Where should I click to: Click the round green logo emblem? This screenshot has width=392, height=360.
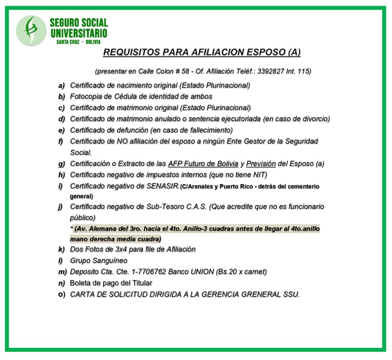pyautogui.click(x=31, y=30)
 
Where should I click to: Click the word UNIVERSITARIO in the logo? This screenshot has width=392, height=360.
pyautogui.click(x=79, y=33)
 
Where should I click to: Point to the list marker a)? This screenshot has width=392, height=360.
pyautogui.click(x=61, y=85)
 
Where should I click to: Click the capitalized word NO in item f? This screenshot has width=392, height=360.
pyautogui.click(x=122, y=141)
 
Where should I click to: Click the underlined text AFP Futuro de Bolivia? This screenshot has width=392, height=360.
pyautogui.click(x=203, y=164)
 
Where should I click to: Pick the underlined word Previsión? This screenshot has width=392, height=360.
pyautogui.click(x=261, y=164)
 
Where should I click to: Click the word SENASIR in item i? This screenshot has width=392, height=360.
pyautogui.click(x=163, y=186)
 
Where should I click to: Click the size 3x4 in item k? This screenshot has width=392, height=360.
pyautogui.click(x=110, y=249)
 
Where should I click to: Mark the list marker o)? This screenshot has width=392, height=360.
pyautogui.click(x=62, y=295)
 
